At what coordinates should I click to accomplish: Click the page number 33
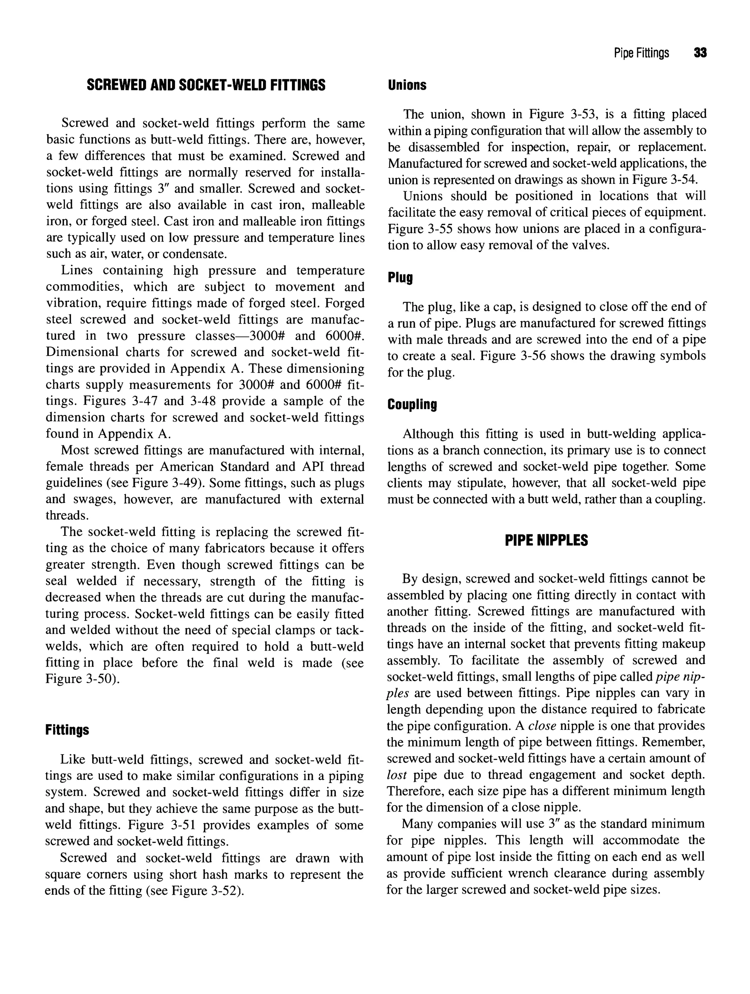pos(700,53)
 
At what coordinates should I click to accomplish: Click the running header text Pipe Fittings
pos(641,53)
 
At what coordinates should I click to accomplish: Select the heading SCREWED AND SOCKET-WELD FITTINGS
pos(206,85)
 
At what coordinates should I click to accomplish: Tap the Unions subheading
pos(407,85)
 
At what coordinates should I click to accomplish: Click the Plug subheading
pos(400,277)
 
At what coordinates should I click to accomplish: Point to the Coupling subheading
pos(412,404)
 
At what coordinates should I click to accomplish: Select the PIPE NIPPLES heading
pos(546,540)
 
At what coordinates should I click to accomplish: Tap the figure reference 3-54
pos(683,180)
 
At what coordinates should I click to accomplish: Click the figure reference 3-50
pos(100,679)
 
